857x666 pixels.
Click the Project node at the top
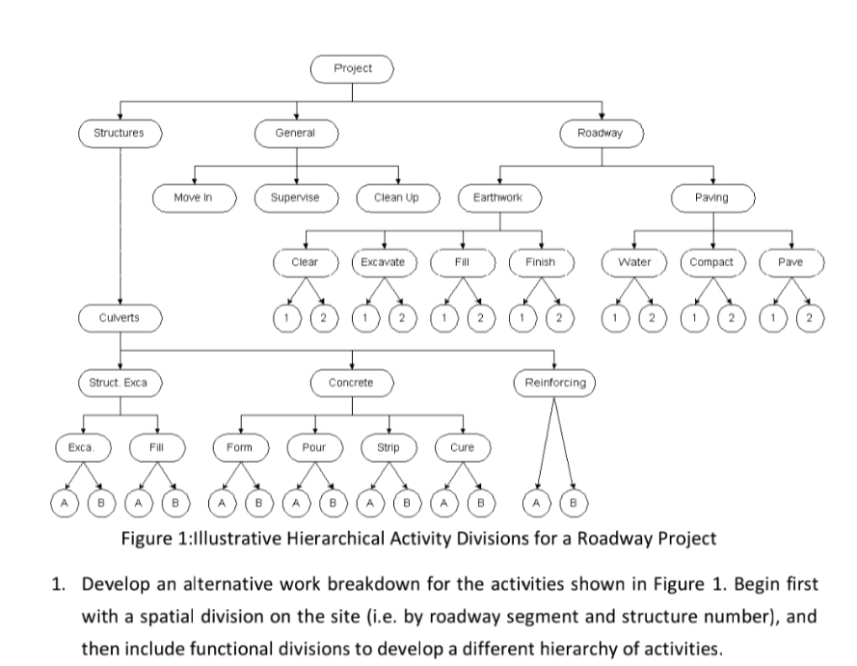353,68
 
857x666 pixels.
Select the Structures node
120,132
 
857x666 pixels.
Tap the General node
295,132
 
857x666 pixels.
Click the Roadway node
601,132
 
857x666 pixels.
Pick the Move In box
194,197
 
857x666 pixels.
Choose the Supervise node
295,197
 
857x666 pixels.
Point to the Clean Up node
397,197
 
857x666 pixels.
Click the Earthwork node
498,197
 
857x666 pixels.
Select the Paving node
711,197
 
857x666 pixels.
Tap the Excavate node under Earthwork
384,261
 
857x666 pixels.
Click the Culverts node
120,316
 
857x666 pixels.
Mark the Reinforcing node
554,383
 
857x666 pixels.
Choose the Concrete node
351,383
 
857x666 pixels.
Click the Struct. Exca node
120,383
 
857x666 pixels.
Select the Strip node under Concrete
388,447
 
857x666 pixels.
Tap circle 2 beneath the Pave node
811,317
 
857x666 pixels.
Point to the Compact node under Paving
712,261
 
